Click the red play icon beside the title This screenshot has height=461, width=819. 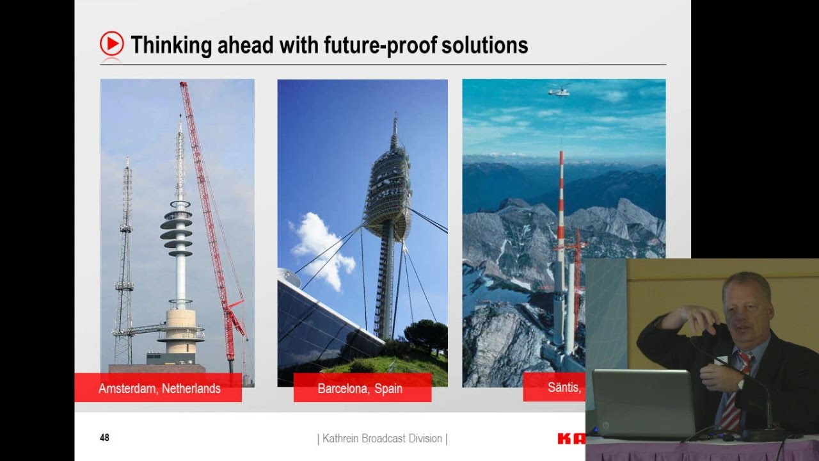click(111, 44)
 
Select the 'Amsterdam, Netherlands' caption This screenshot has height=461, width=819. click(159, 388)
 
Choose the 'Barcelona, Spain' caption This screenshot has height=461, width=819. click(360, 388)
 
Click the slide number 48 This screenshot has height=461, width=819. click(104, 438)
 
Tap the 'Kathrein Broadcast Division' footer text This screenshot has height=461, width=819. click(382, 439)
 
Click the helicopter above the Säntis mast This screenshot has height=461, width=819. click(559, 90)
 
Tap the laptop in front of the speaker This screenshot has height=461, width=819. click(642, 403)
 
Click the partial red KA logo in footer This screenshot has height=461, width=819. click(571, 439)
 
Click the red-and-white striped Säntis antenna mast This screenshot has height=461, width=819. click(561, 205)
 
